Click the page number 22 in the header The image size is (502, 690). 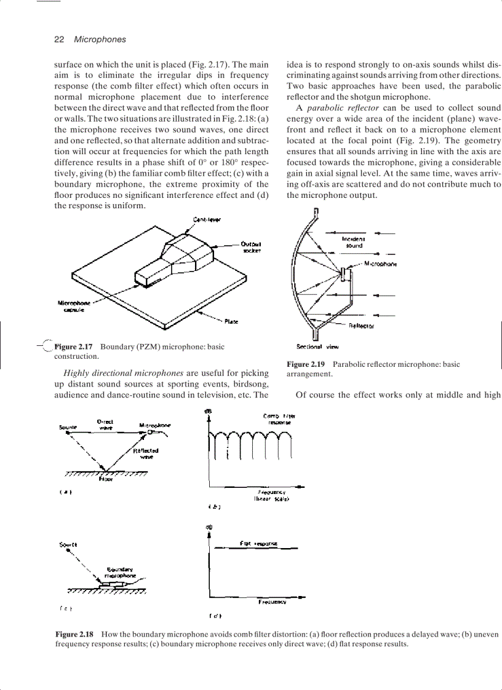coord(60,39)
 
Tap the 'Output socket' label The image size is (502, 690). coord(252,247)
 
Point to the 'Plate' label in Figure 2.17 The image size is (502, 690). coord(231,321)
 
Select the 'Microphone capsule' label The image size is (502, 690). coord(74,306)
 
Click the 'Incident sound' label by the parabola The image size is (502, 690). coord(353,242)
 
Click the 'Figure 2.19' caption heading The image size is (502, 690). coord(307,364)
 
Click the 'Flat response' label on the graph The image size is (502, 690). coord(258,543)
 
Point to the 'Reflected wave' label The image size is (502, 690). coord(146,453)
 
